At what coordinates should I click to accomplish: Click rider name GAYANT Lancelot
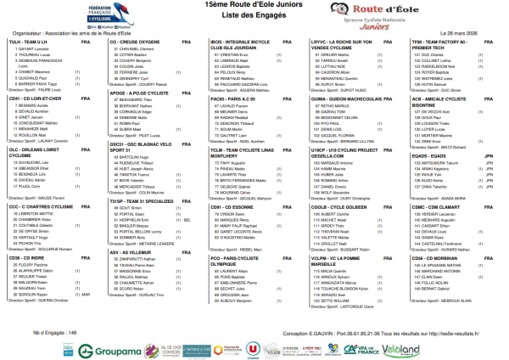click(35, 48)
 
